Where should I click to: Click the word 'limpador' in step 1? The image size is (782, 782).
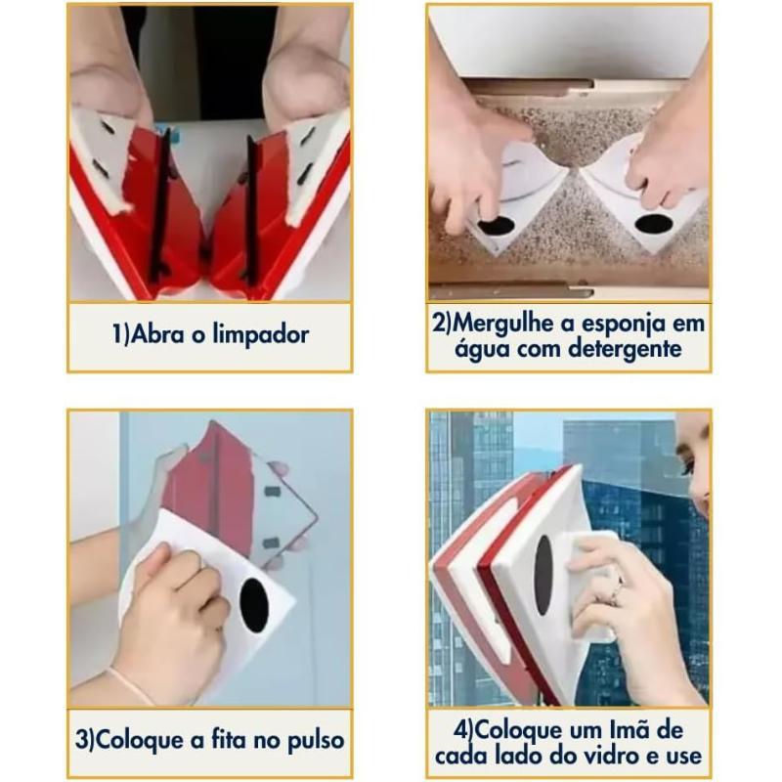pos(261,334)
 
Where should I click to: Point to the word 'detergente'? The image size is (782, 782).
pos(625,349)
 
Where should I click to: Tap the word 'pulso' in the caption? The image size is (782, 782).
pos(316,740)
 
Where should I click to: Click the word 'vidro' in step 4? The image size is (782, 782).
pos(614,755)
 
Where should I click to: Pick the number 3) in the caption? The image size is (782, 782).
pos(84,740)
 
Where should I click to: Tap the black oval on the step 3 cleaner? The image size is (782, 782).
pos(254,605)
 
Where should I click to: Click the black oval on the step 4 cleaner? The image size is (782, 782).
pos(544,575)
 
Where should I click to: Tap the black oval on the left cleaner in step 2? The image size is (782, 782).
pos(497,226)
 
